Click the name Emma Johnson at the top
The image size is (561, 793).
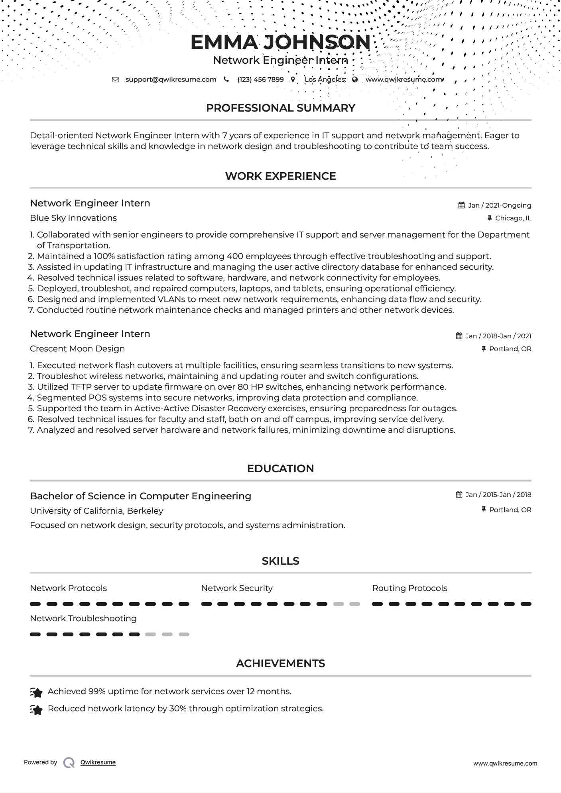[x=280, y=42]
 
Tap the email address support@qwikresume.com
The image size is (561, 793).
[x=171, y=79]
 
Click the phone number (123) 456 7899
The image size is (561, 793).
[x=260, y=79]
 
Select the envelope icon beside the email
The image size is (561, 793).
[x=115, y=79]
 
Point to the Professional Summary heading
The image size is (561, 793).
[x=280, y=108]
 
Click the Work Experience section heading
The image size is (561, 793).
[x=280, y=176]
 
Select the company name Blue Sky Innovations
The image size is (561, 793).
[x=73, y=218]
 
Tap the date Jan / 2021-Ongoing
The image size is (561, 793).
[x=499, y=205]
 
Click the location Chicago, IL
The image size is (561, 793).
[x=513, y=218]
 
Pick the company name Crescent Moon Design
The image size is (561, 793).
[x=77, y=349]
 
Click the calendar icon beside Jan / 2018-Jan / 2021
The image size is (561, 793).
[x=459, y=336]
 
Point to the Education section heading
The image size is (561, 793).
[x=280, y=469]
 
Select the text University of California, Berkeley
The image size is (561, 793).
[x=96, y=511]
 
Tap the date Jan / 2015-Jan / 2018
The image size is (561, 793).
[x=498, y=495]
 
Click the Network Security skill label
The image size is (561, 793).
[x=237, y=588]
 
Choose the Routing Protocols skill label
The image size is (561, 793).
[x=409, y=588]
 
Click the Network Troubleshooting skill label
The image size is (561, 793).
[x=83, y=618]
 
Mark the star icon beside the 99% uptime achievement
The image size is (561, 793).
[x=36, y=693]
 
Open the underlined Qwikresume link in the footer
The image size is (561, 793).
[x=98, y=762]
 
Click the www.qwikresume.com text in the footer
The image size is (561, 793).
[x=505, y=764]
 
